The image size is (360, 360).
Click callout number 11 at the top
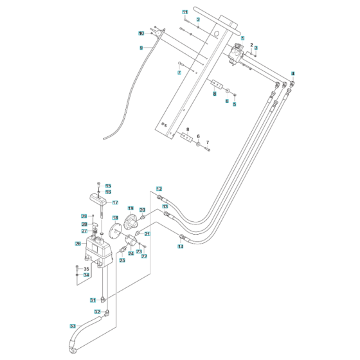pos(186,13)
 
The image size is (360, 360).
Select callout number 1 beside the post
pos(243,38)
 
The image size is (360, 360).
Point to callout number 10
pos(141,33)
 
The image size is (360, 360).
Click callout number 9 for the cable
pos(141,48)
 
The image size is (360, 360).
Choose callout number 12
pos(159,188)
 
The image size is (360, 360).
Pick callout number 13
pos(165,206)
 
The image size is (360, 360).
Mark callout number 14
pos(180,247)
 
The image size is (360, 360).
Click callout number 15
pos(108,186)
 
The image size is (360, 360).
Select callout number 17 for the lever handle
pos(115,203)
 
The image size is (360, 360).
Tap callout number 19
pos(130,209)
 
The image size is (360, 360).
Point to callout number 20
pos(143,210)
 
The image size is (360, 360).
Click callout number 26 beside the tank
pos(78,244)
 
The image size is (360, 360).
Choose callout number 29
pos(84,215)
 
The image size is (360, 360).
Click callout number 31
pos(93,300)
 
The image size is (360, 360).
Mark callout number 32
pos(97,312)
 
